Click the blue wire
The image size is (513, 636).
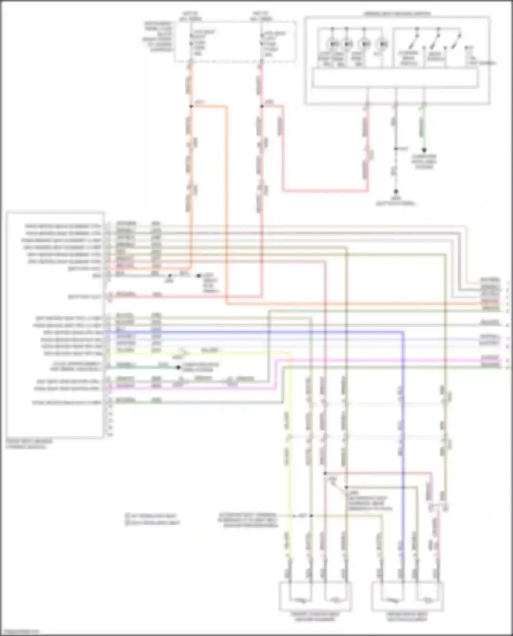[x=253, y=331]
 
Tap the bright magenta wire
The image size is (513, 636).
[x=376, y=360]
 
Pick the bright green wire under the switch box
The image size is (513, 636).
[x=424, y=126]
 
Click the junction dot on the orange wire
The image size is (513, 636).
[x=191, y=106]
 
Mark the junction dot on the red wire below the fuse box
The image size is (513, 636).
[x=262, y=106]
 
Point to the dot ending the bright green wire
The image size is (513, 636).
[x=424, y=150]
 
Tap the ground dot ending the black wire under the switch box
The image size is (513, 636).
[x=396, y=192]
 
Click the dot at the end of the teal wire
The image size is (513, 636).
[x=178, y=367]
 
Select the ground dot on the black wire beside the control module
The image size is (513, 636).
[x=199, y=275]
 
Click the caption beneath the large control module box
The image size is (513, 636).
[x=29, y=444]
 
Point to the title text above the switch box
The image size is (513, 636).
[x=397, y=14]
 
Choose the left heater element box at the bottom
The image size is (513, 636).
[x=315, y=596]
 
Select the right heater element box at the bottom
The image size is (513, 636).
[x=407, y=596]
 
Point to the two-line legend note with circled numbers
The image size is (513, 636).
[x=152, y=519]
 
